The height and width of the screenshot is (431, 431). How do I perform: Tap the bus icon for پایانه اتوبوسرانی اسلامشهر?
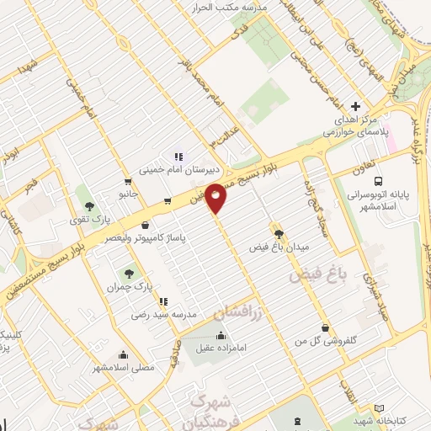point(378,181)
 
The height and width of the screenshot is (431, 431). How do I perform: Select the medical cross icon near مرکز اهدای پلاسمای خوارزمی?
point(356,107)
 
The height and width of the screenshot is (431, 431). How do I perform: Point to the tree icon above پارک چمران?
point(128,273)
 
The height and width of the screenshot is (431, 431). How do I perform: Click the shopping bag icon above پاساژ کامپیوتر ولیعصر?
point(147,225)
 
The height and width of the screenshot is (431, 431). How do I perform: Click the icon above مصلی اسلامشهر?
point(125,354)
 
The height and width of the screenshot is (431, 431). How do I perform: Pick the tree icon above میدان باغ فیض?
point(278,234)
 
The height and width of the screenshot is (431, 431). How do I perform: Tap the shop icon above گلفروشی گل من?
point(325,327)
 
